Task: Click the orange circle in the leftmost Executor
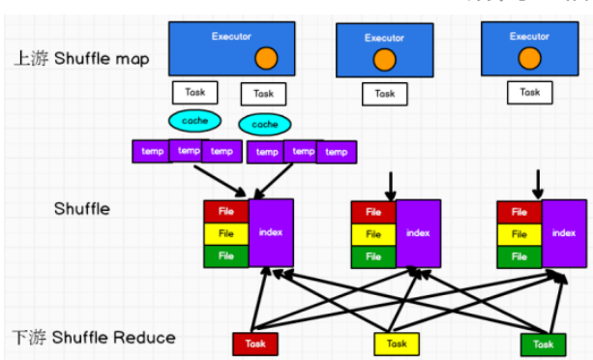click(267, 60)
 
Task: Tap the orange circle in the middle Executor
click(384, 61)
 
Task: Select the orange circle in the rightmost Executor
click(529, 59)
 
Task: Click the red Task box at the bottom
click(254, 344)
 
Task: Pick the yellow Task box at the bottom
click(397, 344)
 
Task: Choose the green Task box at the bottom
click(543, 344)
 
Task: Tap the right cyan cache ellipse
click(264, 125)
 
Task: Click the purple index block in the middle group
click(418, 233)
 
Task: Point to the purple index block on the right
click(564, 233)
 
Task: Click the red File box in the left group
click(225, 211)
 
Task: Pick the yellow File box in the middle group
click(372, 234)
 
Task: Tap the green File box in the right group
click(519, 256)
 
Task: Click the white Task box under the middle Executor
click(385, 94)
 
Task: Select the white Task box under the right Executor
click(529, 92)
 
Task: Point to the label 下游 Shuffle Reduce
click(94, 337)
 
